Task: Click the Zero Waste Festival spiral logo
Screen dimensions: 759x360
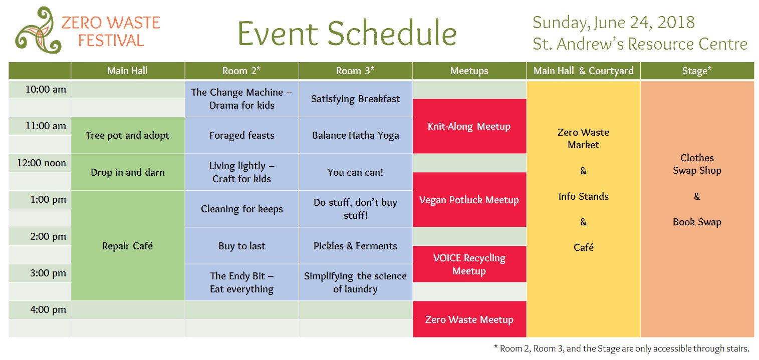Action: click(x=38, y=31)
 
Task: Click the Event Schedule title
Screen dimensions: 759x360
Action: click(x=347, y=33)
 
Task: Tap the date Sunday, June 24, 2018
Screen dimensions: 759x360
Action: click(x=614, y=23)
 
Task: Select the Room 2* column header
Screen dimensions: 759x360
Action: click(x=241, y=71)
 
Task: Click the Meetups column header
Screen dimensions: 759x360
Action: click(x=469, y=71)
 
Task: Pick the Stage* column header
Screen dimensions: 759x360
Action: click(x=697, y=71)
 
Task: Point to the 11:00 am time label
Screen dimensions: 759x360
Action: click(x=46, y=126)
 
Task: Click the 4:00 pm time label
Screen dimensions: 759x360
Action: click(x=48, y=310)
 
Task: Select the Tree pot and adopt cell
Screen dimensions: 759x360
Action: click(x=128, y=136)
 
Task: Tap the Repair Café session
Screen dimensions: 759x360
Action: click(x=128, y=245)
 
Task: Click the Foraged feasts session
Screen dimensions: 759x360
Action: click(x=241, y=136)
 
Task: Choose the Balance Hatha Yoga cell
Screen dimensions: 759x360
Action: click(x=355, y=136)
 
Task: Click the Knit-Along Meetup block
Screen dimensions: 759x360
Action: click(x=469, y=126)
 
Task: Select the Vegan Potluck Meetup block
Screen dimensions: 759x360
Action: click(x=469, y=200)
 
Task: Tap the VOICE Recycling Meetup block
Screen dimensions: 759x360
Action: click(x=469, y=264)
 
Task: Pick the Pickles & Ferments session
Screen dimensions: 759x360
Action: click(x=355, y=245)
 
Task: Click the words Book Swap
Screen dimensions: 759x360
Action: click(x=697, y=222)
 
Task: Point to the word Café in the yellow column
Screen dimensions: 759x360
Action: click(x=584, y=247)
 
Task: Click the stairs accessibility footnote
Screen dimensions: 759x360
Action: click(x=621, y=348)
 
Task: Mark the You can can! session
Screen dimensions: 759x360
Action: click(x=355, y=172)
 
